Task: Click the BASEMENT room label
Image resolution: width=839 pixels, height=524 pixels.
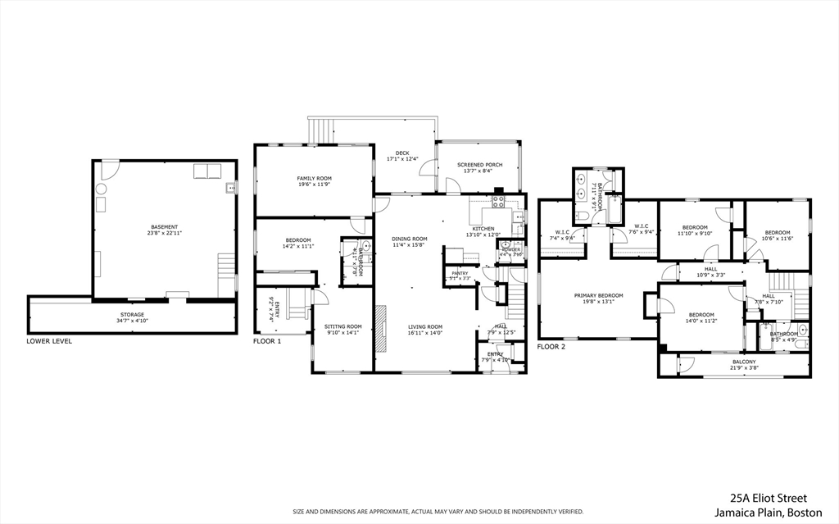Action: pyautogui.click(x=165, y=227)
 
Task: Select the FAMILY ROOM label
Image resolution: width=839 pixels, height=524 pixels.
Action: pyautogui.click(x=314, y=178)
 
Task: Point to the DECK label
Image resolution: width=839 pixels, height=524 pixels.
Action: pyautogui.click(x=402, y=153)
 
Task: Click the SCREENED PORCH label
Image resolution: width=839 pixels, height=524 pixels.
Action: pyautogui.click(x=480, y=165)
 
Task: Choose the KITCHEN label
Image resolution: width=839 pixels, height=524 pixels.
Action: pyautogui.click(x=483, y=228)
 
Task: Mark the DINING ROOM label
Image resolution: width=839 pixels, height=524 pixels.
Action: pyautogui.click(x=410, y=239)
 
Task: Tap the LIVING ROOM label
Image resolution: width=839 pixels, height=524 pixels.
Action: pyautogui.click(x=425, y=326)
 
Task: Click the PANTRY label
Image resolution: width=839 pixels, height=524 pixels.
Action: pyautogui.click(x=460, y=273)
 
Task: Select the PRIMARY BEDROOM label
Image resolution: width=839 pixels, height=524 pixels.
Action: pyautogui.click(x=598, y=295)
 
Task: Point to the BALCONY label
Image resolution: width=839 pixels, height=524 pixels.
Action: pyautogui.click(x=744, y=361)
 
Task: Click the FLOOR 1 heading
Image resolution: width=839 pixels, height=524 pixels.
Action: pyautogui.click(x=267, y=340)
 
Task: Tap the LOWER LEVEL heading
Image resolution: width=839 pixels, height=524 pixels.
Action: pyautogui.click(x=49, y=340)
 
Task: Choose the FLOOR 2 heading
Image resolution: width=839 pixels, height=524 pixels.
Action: pyautogui.click(x=551, y=346)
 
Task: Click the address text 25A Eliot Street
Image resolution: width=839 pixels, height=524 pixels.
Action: pyautogui.click(x=769, y=498)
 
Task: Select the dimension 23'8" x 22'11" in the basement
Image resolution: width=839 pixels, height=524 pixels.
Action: pyautogui.click(x=165, y=234)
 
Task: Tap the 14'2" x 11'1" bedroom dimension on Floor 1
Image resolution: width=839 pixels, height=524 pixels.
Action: pyautogui.click(x=297, y=246)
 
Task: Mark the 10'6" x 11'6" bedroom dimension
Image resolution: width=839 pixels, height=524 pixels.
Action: pyautogui.click(x=778, y=239)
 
